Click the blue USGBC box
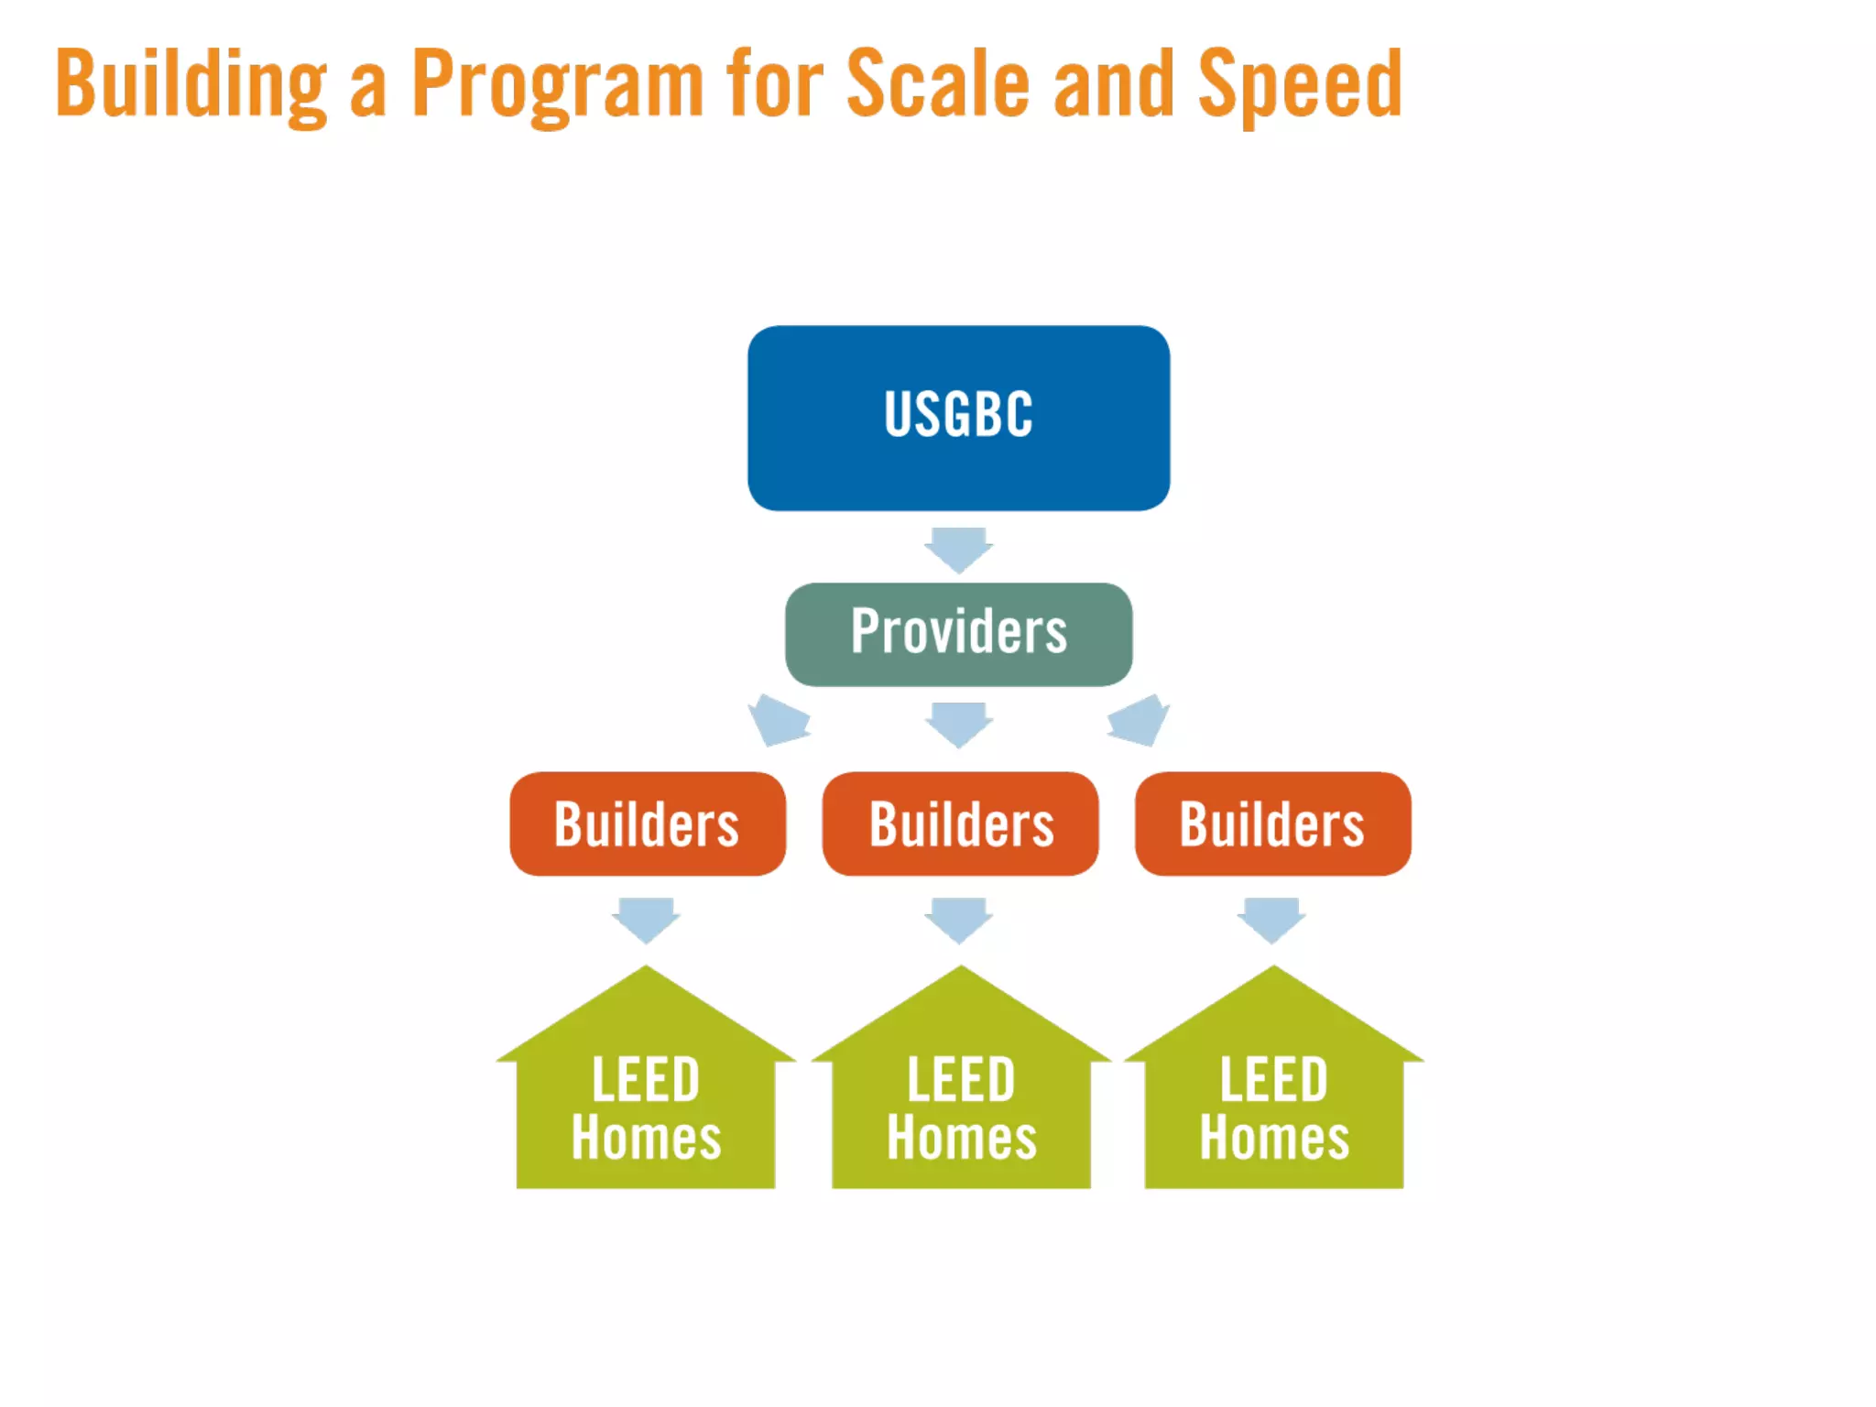pyautogui.click(x=958, y=418)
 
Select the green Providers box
pyautogui.click(x=958, y=634)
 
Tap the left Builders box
pyautogui.click(x=647, y=823)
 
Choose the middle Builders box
pyautogui.click(x=960, y=823)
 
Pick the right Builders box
pyautogui.click(x=1272, y=823)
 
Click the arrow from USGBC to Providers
pyautogui.click(x=958, y=549)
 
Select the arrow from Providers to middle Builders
pyautogui.click(x=958, y=724)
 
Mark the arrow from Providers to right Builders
pyautogui.click(x=1139, y=720)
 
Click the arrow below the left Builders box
pyautogui.click(x=647, y=919)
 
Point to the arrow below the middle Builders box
pyautogui.click(x=959, y=919)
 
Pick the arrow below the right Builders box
pyautogui.click(x=1272, y=919)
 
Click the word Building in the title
pyautogui.click(x=191, y=84)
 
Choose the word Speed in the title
pyautogui.click(x=1300, y=84)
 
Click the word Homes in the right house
pyautogui.click(x=1274, y=1138)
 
